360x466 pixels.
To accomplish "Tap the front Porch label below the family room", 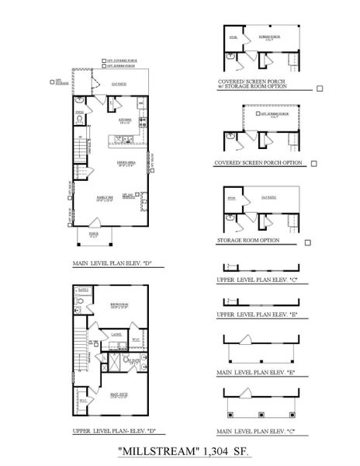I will [94, 232].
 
